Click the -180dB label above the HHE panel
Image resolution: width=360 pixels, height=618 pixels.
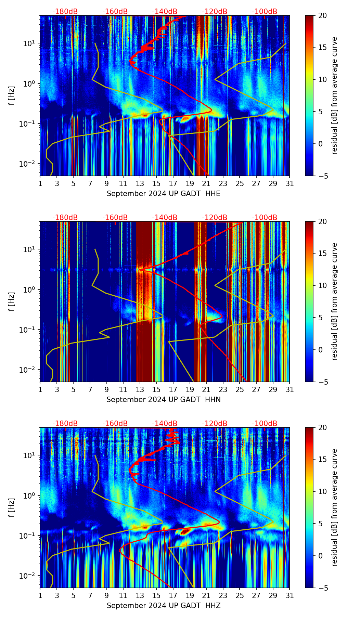pyautogui.click(x=65, y=12)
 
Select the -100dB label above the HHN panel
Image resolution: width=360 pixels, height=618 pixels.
pyautogui.click(x=265, y=218)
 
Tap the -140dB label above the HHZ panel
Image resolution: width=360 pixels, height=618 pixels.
pyautogui.click(x=165, y=424)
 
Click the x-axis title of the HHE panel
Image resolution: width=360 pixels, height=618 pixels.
pyautogui.click(x=163, y=194)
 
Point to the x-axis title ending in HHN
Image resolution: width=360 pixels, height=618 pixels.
pyautogui.click(x=163, y=400)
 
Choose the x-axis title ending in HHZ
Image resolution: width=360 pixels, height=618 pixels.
pyautogui.click(x=163, y=606)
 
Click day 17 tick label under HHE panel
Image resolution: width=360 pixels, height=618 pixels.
pyautogui.click(x=173, y=184)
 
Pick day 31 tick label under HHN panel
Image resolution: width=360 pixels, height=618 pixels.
pyautogui.click(x=290, y=390)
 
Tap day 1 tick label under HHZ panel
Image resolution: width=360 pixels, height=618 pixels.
pyautogui.click(x=40, y=596)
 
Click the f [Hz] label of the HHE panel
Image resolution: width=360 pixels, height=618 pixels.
pyautogui.click(x=12, y=95)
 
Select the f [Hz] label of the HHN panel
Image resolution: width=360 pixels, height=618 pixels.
pyautogui.click(x=12, y=301)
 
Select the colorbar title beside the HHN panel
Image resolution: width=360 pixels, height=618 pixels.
pyautogui.click(x=335, y=301)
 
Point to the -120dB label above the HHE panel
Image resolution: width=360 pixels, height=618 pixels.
pyautogui.click(x=215, y=12)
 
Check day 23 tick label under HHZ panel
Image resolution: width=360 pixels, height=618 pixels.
pyautogui.click(x=223, y=596)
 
